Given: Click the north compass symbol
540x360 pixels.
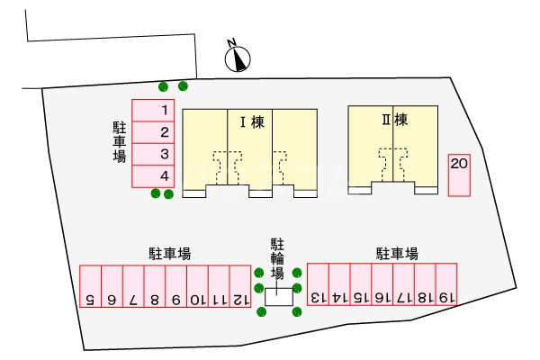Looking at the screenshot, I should pyautogui.click(x=236, y=56).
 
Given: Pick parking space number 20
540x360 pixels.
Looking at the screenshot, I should pyautogui.click(x=459, y=175).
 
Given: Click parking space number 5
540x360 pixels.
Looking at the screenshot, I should pyautogui.click(x=90, y=287).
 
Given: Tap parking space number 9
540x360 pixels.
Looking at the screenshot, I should pyautogui.click(x=175, y=287).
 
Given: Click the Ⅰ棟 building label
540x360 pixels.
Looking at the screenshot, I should pyautogui.click(x=250, y=121).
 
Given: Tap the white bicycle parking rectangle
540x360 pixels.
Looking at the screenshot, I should pyautogui.click(x=279, y=294).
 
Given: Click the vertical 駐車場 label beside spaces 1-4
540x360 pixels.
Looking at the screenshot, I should pyautogui.click(x=119, y=141).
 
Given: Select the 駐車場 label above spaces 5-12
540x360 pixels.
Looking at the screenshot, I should pyautogui.click(x=169, y=254).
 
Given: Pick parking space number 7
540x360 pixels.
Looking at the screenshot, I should pyautogui.click(x=132, y=287).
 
